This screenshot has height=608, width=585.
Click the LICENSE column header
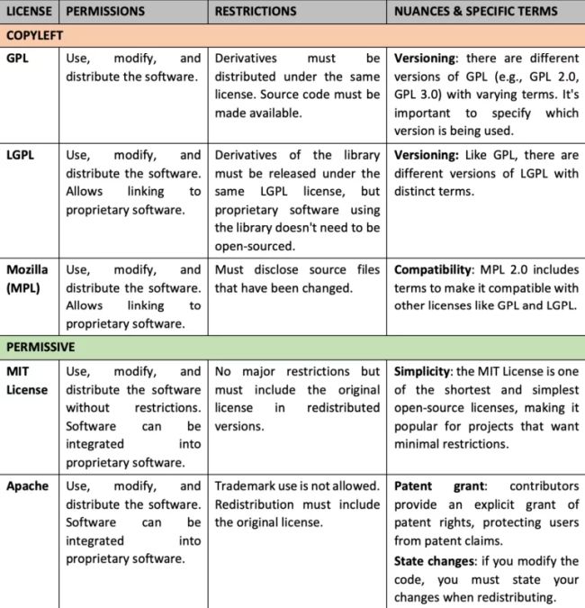pyautogui.click(x=30, y=12)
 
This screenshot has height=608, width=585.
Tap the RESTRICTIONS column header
pyautogui.click(x=256, y=12)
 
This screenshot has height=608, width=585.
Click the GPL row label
pyautogui.click(x=17, y=57)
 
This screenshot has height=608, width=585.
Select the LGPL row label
pyautogui.click(x=21, y=155)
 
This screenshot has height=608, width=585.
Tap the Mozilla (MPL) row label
pyautogui.click(x=27, y=278)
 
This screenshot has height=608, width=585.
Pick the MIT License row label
pyautogui.click(x=27, y=380)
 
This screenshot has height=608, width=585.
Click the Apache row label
pyautogui.click(x=27, y=486)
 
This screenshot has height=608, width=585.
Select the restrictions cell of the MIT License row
pyautogui.click(x=297, y=398)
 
